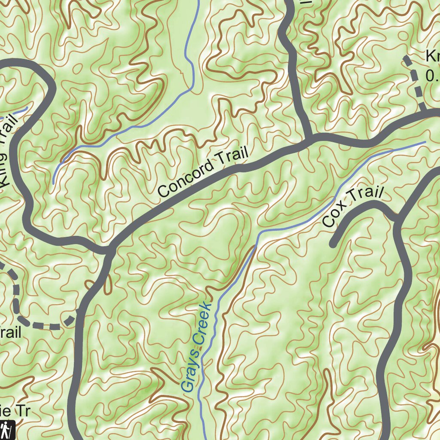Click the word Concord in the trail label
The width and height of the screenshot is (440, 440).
[x=184, y=178]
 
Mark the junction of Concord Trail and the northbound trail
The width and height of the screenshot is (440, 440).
[x=310, y=140]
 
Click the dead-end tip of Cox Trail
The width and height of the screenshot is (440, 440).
[x=333, y=244]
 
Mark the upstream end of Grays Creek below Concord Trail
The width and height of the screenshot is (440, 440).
[x=425, y=142]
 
